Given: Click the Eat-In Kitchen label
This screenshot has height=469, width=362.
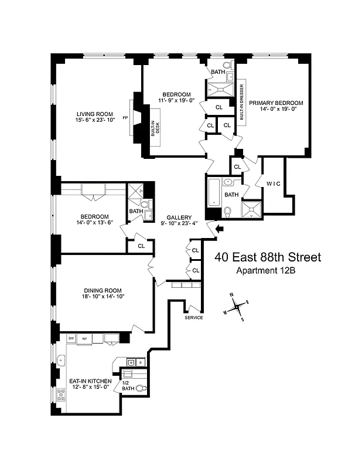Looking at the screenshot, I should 90,381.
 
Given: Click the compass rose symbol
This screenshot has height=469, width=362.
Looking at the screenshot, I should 236,305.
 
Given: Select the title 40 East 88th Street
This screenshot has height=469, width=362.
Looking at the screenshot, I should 267,257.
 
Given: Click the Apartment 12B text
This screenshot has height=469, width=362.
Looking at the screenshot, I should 267,270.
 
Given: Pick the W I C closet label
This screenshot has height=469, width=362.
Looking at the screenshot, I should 274,184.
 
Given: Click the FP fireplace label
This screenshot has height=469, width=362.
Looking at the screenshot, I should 125,118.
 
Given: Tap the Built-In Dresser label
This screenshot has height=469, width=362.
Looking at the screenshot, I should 241,102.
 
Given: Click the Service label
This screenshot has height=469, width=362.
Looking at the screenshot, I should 193,318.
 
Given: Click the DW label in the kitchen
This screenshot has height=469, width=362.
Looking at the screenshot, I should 71,339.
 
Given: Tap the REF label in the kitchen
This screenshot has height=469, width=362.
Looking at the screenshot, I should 84,339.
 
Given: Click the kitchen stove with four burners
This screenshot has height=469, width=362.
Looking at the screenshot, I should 60,395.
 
